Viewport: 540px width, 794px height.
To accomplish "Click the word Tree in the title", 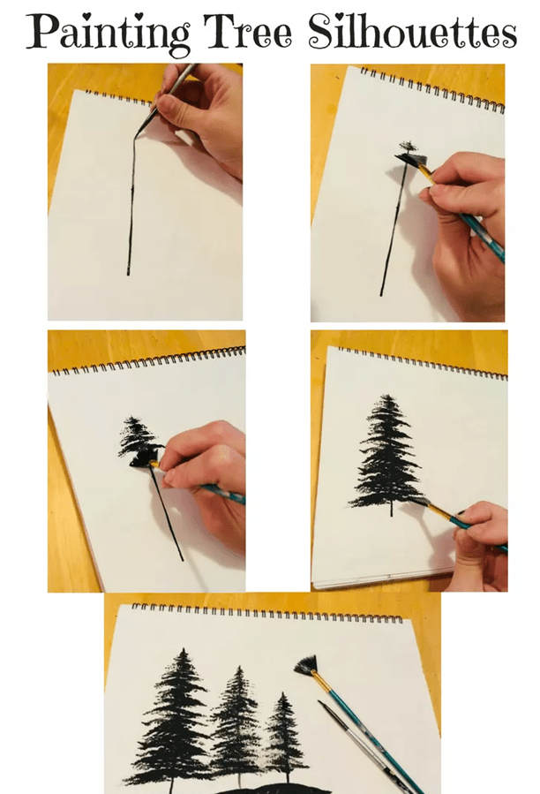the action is coord(247,32).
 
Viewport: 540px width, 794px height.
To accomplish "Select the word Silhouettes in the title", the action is coord(412,32).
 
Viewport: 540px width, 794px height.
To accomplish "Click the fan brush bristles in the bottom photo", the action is coord(305,664).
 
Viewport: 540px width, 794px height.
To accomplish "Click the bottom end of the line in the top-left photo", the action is coord(128,274).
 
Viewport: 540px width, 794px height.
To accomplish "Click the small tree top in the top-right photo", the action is coord(408,147).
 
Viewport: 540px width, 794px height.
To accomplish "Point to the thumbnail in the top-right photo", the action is coord(436,191).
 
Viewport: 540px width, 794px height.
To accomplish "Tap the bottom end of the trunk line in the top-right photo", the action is coord(381,294).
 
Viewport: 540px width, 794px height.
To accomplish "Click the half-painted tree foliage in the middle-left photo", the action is coord(138,436).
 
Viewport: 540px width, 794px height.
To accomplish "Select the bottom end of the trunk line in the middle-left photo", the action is coord(182,559).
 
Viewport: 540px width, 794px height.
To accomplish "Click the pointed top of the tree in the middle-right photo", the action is coord(387,396).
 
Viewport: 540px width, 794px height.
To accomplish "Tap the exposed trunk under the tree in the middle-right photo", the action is coord(391,509).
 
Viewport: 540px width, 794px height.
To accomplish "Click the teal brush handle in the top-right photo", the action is coord(476,229).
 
